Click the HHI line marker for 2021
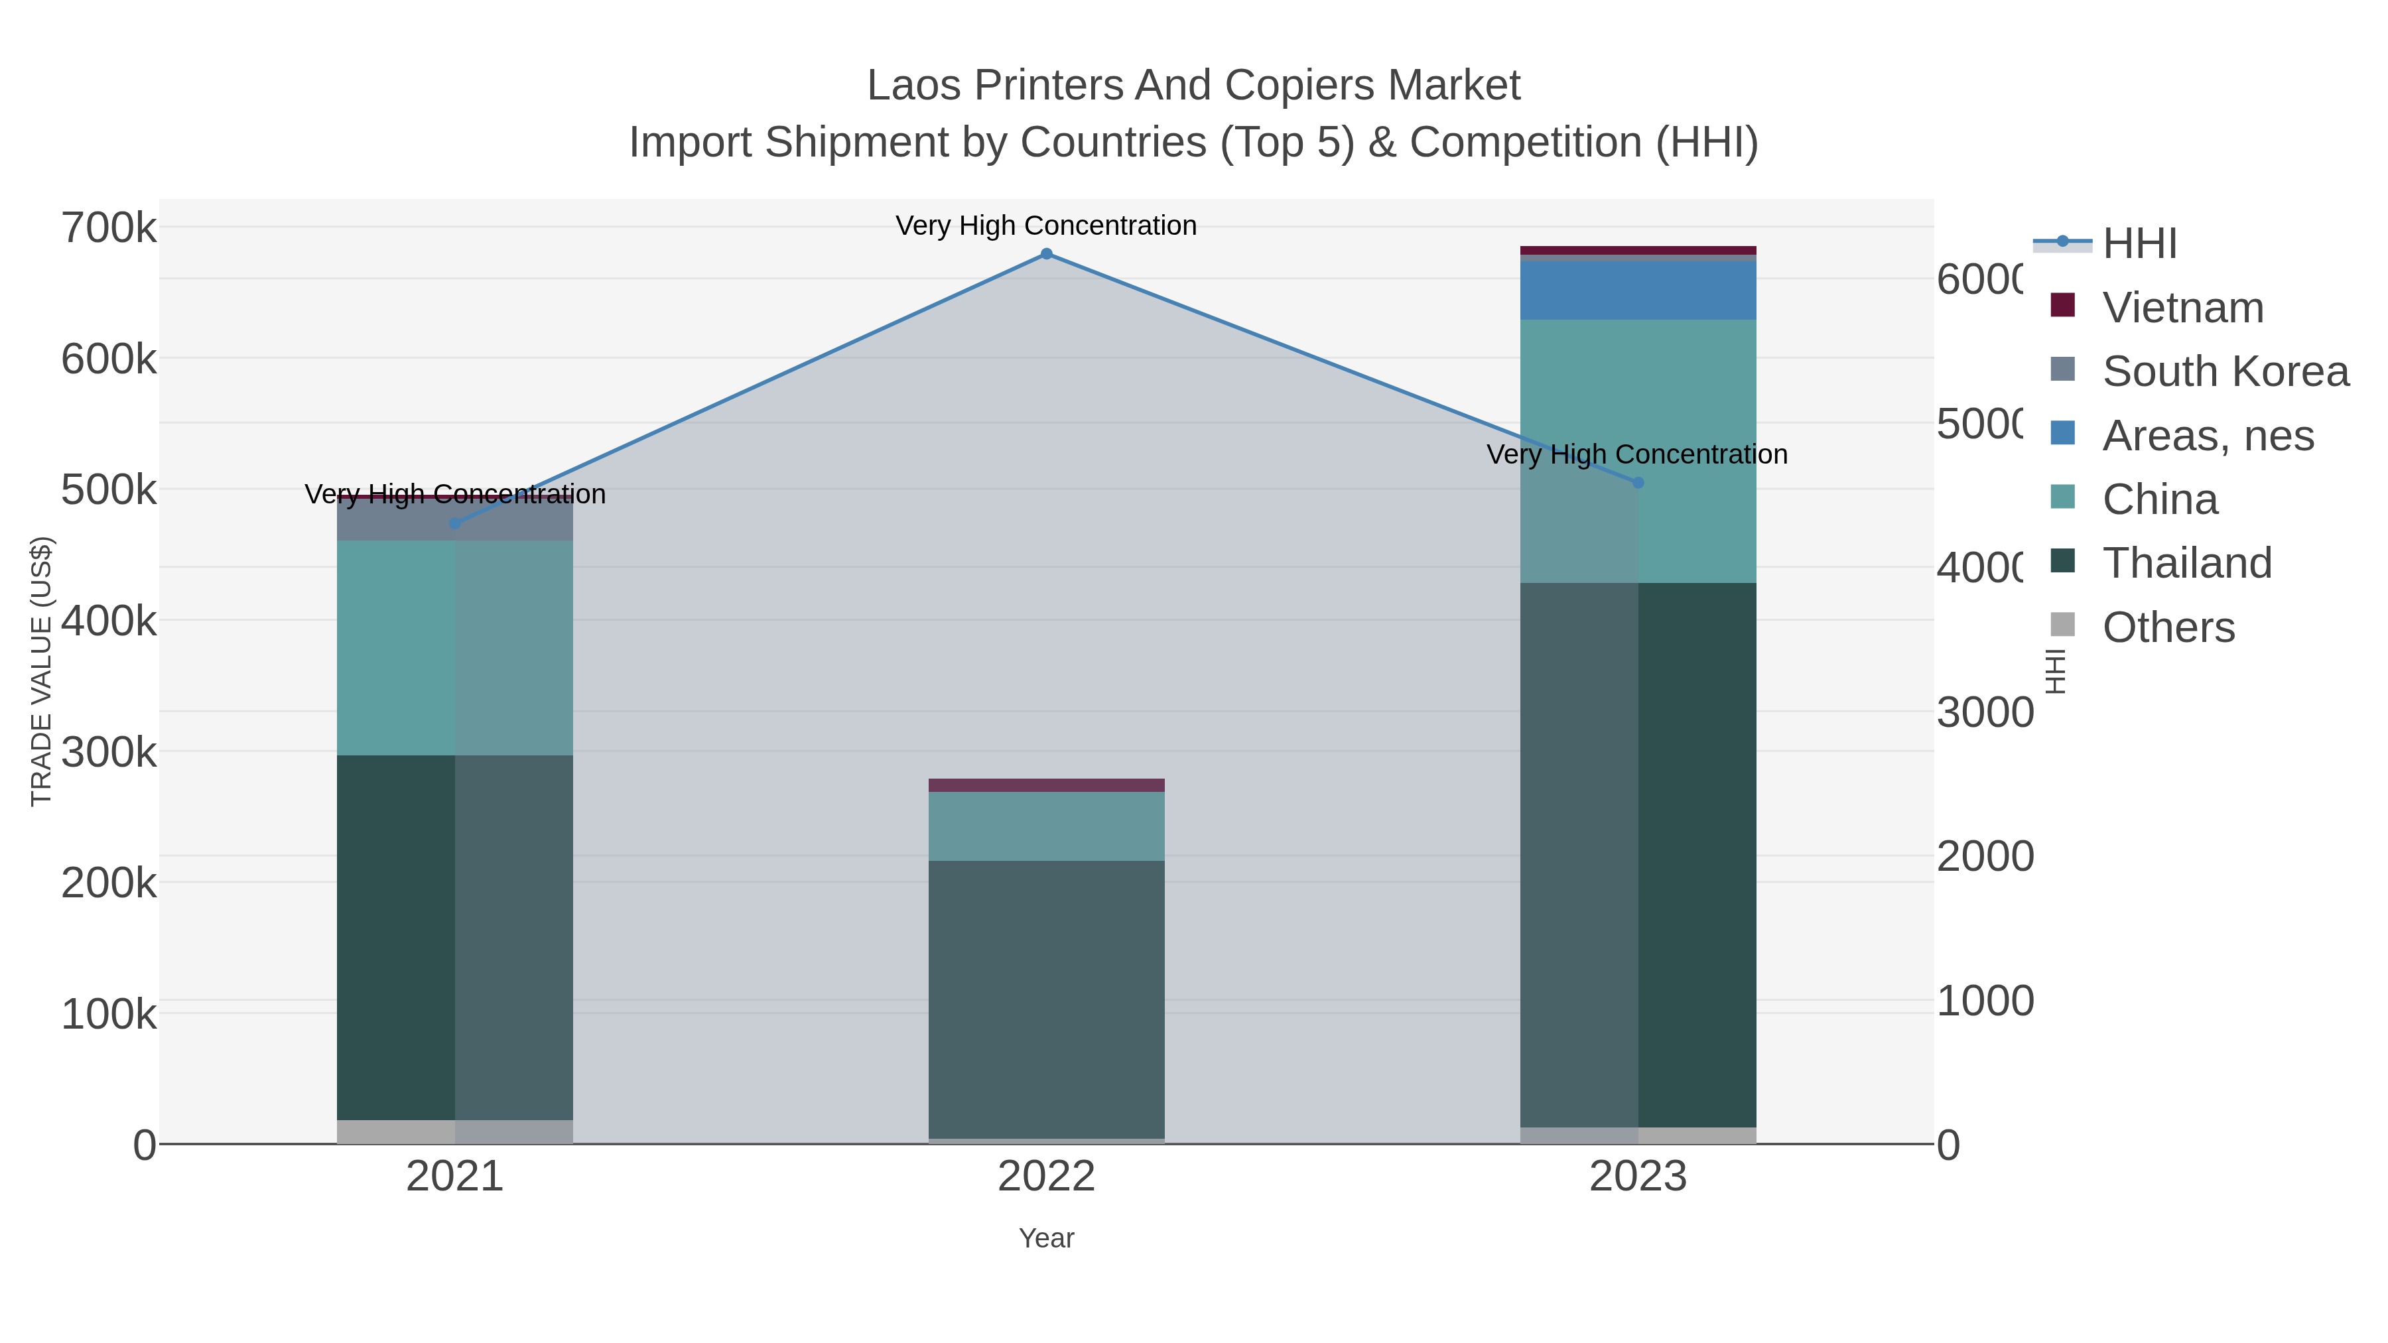coord(454,524)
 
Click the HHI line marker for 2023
coord(1638,483)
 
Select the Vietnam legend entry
coord(2182,308)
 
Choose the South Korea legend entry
coord(2225,371)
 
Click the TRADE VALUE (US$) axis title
coord(42,671)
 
